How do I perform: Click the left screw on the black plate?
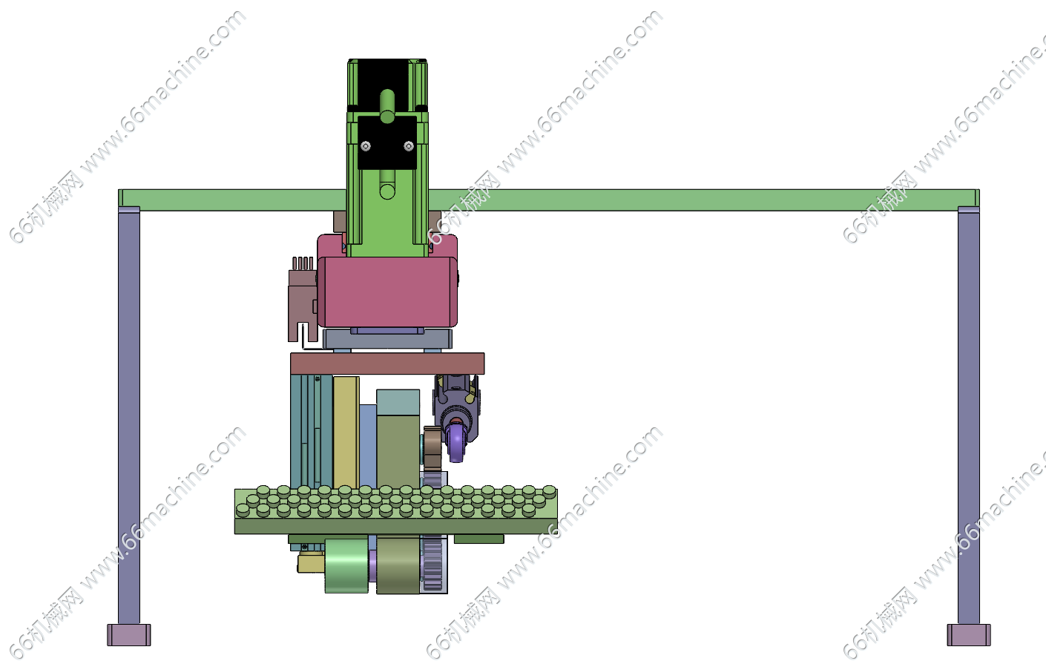click(x=366, y=146)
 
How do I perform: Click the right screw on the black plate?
click(x=409, y=146)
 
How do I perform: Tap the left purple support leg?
click(x=129, y=415)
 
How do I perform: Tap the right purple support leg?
click(x=969, y=415)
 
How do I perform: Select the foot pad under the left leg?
click(x=129, y=635)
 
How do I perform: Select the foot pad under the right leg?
click(x=969, y=635)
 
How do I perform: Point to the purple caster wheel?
click(x=456, y=441)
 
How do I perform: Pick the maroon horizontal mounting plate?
click(x=387, y=364)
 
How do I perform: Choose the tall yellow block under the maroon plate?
click(x=346, y=433)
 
